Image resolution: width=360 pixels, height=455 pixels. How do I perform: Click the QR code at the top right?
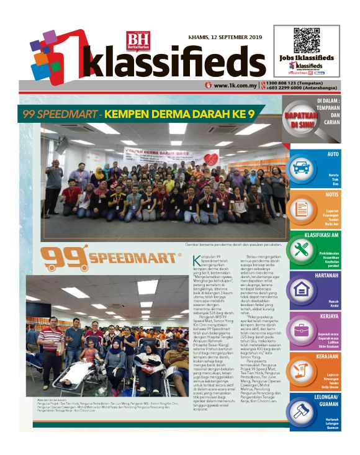[x=305, y=40]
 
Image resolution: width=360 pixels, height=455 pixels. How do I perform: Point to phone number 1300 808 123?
[x=292, y=83]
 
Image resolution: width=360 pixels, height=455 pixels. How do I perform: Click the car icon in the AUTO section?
[x=301, y=168]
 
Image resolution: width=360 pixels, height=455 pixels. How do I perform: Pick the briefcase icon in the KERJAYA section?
[x=302, y=330]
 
